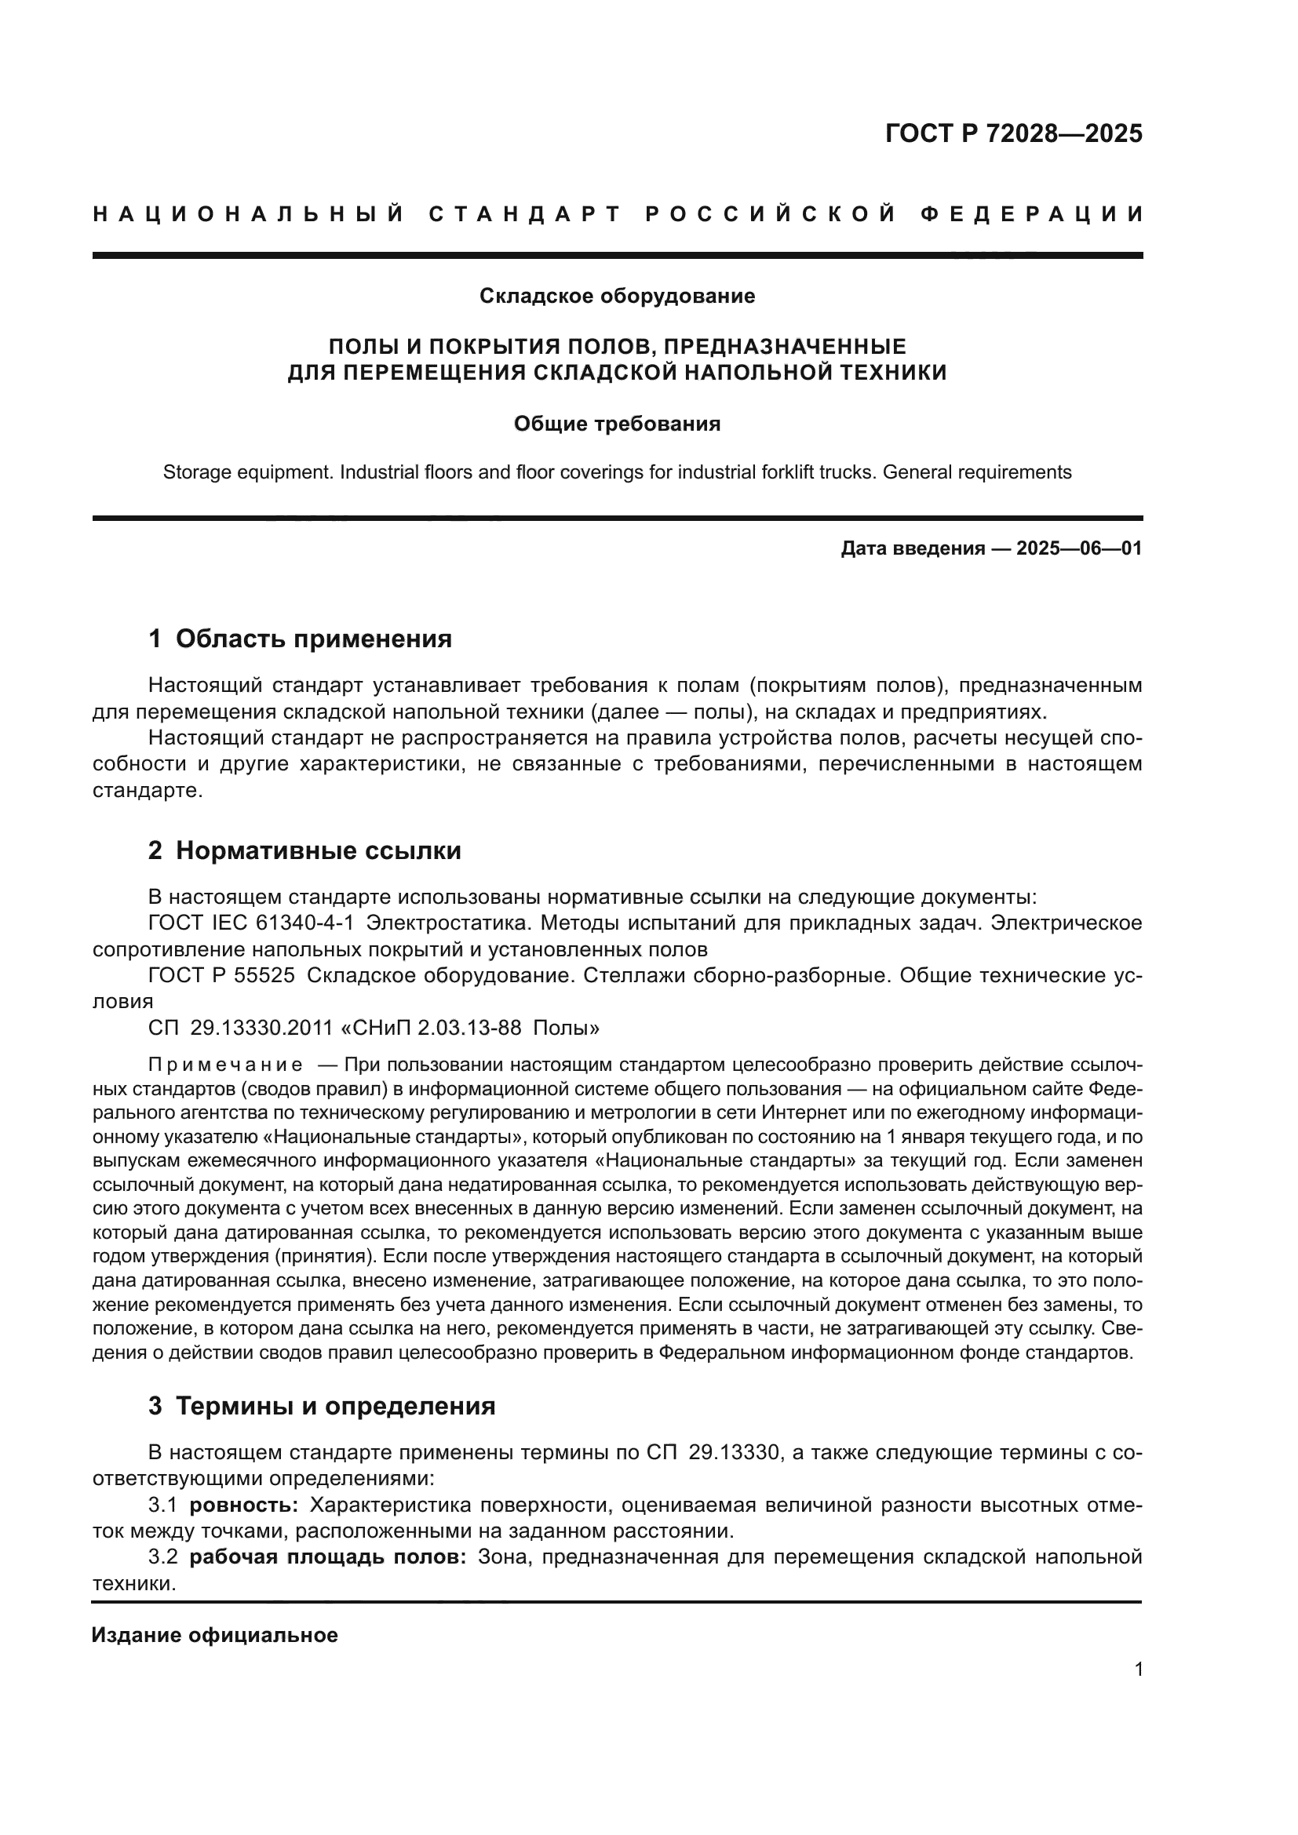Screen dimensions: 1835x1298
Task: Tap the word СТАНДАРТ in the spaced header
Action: (x=525, y=215)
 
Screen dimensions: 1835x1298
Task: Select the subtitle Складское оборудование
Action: (x=617, y=297)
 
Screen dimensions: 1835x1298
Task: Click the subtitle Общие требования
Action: (x=617, y=424)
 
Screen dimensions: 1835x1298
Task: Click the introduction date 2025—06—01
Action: (x=1079, y=549)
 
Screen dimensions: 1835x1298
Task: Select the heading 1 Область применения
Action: (x=300, y=639)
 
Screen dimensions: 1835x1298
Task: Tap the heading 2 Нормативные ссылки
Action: (x=304, y=851)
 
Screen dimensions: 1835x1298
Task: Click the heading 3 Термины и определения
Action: (x=321, y=1406)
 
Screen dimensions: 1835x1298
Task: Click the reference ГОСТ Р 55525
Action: (x=221, y=976)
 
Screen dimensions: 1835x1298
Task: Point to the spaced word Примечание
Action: (x=225, y=1065)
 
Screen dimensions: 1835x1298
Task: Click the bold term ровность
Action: (x=244, y=1506)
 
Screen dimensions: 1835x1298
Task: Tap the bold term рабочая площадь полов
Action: (x=328, y=1556)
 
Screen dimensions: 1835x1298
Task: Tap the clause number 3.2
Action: (x=163, y=1556)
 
